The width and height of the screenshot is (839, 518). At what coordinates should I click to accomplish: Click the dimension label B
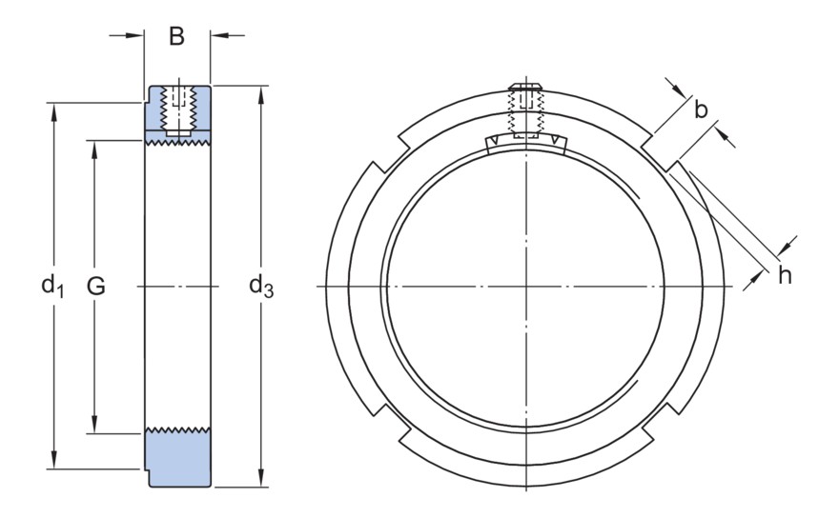pos(176,37)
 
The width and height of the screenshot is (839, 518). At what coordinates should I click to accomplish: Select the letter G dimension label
pos(96,285)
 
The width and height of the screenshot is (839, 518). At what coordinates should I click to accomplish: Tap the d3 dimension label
pos(260,284)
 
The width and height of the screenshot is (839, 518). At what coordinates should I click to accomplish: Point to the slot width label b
pos(701,110)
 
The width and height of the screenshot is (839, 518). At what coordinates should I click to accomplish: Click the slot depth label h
pos(785,275)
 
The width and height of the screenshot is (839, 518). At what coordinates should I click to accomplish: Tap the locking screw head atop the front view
pos(525,90)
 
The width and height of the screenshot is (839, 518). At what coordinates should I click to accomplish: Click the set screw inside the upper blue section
pos(177,110)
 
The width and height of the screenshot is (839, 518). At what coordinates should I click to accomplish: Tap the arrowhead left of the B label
pos(137,36)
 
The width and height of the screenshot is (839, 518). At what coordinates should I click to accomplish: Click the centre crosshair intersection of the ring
pos(525,286)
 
